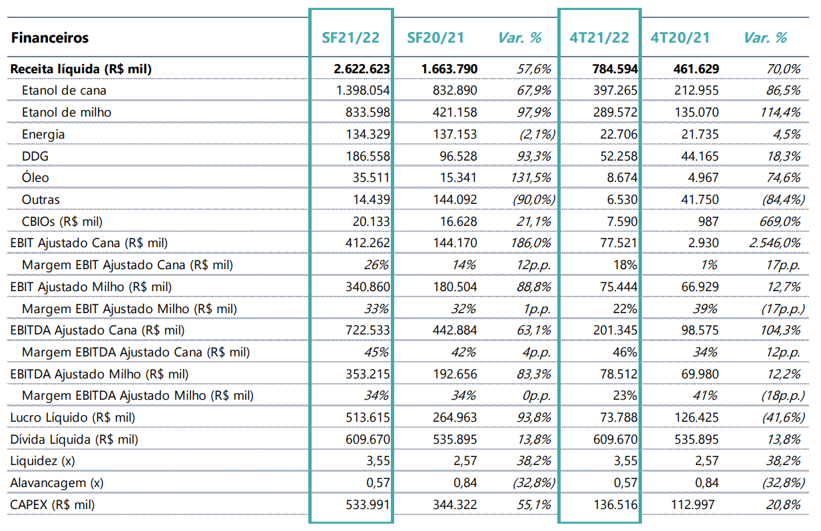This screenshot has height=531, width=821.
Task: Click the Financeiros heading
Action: tap(50, 38)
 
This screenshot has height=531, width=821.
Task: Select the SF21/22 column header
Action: tap(350, 38)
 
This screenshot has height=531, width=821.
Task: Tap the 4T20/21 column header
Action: tap(681, 38)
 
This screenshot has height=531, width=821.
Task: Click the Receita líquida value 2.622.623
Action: tap(362, 69)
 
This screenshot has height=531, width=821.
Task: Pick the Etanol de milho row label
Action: tap(67, 112)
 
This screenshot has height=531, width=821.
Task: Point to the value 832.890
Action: tap(455, 91)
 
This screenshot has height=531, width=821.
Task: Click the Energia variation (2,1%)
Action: tap(537, 134)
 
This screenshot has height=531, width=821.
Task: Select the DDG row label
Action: tap(35, 156)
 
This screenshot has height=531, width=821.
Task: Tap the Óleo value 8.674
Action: tap(622, 178)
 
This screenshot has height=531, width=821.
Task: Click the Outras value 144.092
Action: tap(455, 200)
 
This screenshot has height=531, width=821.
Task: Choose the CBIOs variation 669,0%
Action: tap(780, 221)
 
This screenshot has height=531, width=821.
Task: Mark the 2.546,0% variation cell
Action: tap(774, 243)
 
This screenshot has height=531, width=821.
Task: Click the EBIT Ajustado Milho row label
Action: tap(91, 286)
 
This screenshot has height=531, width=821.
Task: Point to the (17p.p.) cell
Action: tap(782, 309)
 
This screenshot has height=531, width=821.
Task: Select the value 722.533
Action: tap(368, 330)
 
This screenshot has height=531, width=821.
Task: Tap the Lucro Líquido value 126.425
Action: tap(696, 418)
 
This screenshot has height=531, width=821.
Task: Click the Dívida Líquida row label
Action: tap(74, 439)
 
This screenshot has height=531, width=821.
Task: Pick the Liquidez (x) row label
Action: tap(43, 461)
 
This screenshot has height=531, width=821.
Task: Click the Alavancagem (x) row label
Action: tap(57, 483)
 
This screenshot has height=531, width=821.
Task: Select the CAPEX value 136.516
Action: tap(615, 505)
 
